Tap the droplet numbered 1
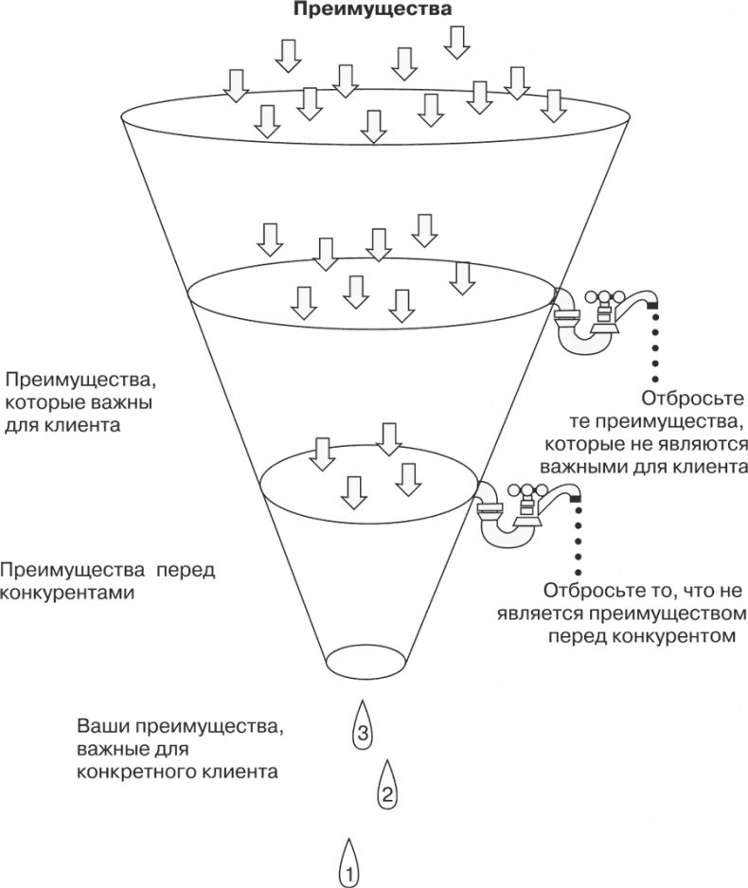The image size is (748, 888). tap(348, 862)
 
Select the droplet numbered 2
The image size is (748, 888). tap(385, 785)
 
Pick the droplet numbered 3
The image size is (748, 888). tap(362, 726)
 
